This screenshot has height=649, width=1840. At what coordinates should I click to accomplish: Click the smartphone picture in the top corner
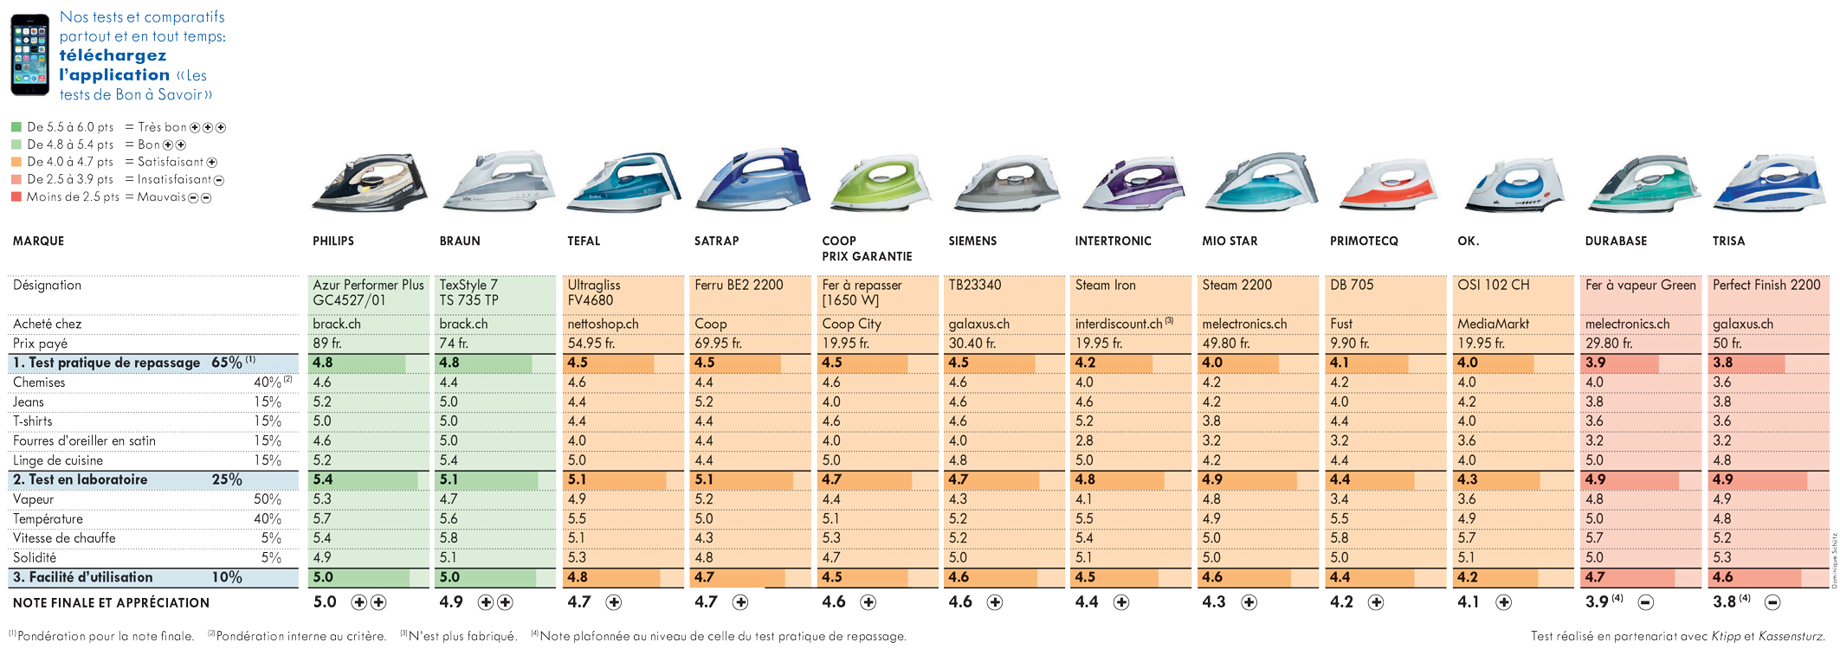click(29, 55)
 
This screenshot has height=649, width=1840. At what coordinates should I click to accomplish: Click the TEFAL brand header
click(584, 241)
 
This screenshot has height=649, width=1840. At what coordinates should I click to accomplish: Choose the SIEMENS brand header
click(972, 241)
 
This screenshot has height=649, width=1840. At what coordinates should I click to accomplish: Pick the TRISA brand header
click(1728, 241)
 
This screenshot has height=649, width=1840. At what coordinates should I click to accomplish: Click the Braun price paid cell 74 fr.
click(453, 344)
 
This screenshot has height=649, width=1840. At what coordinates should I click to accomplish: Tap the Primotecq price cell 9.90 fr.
click(1349, 344)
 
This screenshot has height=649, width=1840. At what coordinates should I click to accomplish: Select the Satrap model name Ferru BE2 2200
click(739, 285)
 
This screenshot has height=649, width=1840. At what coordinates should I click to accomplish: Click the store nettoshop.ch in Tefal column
click(603, 324)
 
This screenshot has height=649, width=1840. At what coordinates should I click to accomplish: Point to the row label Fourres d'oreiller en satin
click(84, 440)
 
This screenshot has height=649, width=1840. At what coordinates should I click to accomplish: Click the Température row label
click(48, 519)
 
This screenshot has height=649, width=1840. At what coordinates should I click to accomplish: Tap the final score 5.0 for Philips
click(325, 601)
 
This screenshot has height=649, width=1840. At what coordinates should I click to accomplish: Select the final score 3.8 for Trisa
click(1724, 601)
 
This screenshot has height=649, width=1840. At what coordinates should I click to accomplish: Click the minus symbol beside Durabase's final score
click(1645, 602)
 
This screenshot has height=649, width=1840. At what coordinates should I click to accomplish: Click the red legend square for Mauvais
click(16, 196)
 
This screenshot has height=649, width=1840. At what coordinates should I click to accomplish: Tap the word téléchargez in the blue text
click(113, 55)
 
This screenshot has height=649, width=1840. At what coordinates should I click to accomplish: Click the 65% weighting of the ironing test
click(227, 363)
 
